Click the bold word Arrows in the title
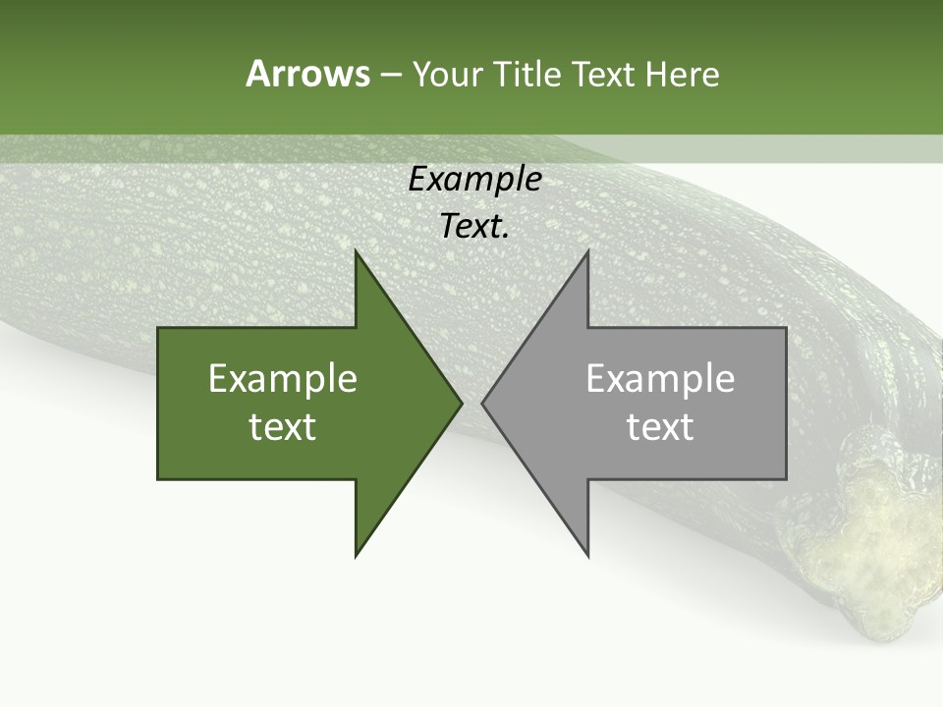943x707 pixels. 306,74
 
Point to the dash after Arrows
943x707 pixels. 390,75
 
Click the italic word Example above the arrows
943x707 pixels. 474,180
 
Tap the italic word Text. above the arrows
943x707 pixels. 474,227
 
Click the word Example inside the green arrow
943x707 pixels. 282,378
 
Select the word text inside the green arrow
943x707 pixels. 282,427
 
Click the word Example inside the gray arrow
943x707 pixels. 660,378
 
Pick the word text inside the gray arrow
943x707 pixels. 660,427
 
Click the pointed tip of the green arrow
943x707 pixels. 459,403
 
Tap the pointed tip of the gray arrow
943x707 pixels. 485,403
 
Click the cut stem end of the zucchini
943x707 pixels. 864,550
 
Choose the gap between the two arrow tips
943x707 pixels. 472,403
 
